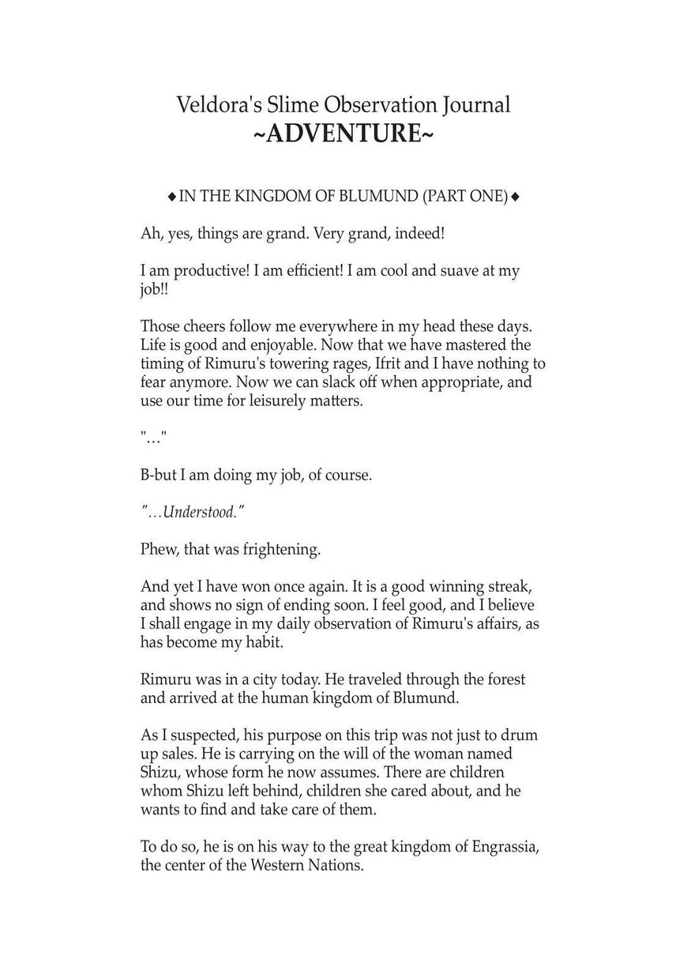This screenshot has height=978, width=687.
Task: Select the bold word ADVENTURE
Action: (x=343, y=134)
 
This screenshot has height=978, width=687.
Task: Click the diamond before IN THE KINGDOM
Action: (x=171, y=197)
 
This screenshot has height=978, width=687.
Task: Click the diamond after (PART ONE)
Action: (x=516, y=197)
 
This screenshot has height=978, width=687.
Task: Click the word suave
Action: (x=451, y=271)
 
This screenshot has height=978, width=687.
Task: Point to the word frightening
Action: (x=282, y=550)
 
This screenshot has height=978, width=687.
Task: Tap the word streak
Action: (x=509, y=587)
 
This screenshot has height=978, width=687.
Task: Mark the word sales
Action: (x=203, y=754)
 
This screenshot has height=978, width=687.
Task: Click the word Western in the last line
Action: (x=280, y=865)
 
